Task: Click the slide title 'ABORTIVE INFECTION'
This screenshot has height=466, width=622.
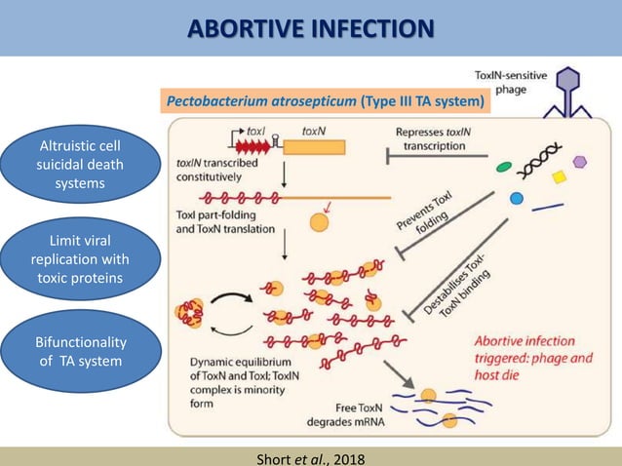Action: pos(311,26)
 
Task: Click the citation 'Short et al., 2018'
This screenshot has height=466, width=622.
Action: pos(311,453)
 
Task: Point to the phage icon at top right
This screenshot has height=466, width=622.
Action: pos(578,94)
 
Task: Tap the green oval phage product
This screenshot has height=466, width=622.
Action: pos(504,167)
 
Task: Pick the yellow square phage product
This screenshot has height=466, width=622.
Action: pos(560,177)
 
